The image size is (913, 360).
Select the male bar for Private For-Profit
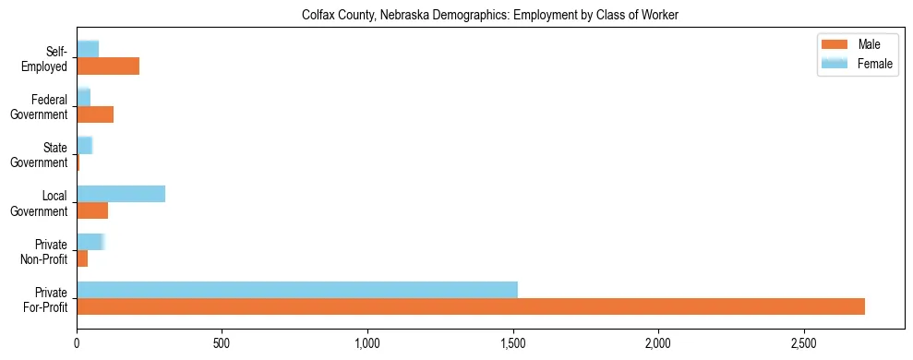pos(471,306)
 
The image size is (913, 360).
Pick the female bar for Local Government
pos(121,194)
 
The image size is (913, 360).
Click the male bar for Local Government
pos(92,210)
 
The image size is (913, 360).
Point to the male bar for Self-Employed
pos(108,66)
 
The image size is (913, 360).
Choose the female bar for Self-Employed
pos(88,49)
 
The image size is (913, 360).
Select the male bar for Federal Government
pos(95,114)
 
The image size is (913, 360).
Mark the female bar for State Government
pos(85,146)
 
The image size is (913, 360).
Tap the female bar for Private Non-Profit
pos(90,242)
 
